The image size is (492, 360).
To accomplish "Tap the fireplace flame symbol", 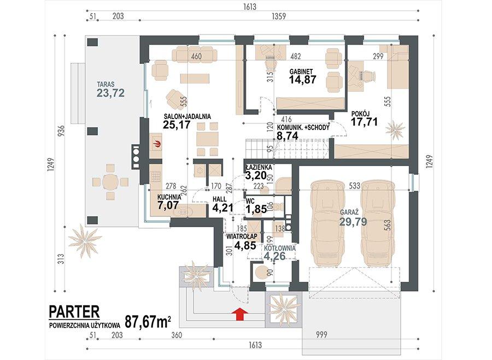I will click(x=157, y=144).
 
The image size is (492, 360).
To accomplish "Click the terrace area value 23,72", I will click(x=111, y=93).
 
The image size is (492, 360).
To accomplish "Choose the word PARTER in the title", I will click(x=74, y=311).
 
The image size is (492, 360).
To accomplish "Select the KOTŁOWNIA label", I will click(x=279, y=247).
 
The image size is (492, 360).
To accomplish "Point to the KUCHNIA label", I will click(x=169, y=197).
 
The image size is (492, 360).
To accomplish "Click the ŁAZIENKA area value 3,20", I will click(x=256, y=175).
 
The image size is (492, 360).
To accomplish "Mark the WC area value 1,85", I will click(x=256, y=209).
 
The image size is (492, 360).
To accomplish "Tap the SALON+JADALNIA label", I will click(x=186, y=116).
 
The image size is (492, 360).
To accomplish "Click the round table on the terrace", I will click(x=110, y=181).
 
